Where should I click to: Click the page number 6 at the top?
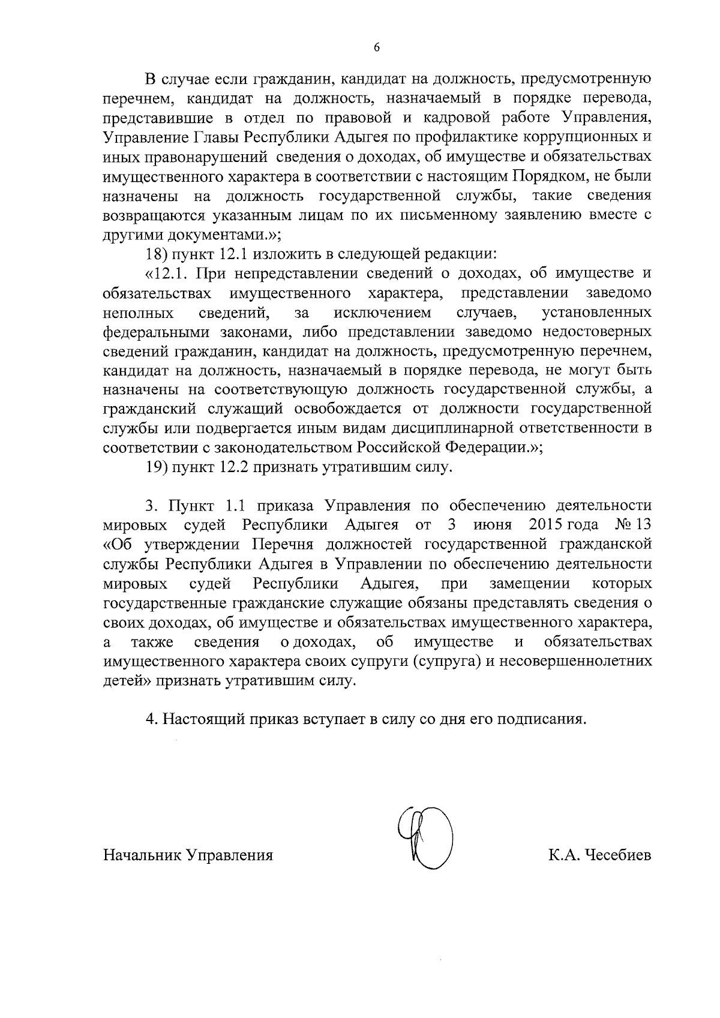pyautogui.click(x=376, y=49)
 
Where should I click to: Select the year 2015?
pyautogui.click(x=548, y=525)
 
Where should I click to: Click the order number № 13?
pyautogui.click(x=633, y=525)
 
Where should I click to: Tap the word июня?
pyautogui.click(x=492, y=525)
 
